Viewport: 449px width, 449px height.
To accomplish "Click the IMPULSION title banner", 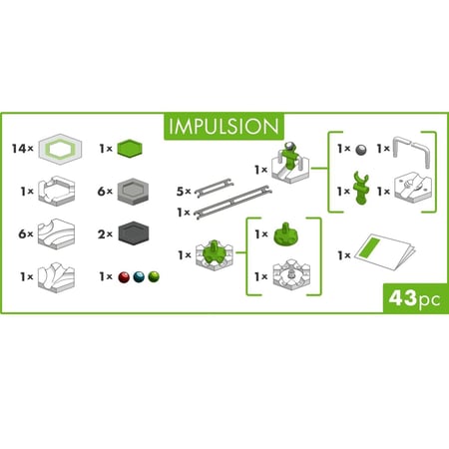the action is (x=224, y=127).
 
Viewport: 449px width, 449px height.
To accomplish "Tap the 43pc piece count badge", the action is (x=415, y=298).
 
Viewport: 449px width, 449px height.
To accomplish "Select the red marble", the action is (x=124, y=277).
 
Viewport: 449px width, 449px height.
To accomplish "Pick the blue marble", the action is (x=139, y=277).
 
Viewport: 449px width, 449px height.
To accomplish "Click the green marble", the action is (x=154, y=277).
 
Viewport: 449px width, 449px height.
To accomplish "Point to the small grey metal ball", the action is (x=361, y=150).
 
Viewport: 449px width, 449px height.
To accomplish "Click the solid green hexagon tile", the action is (x=130, y=149).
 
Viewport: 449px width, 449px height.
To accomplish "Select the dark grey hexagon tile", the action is (x=133, y=233).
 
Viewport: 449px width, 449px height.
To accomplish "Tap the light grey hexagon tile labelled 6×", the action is (x=133, y=191).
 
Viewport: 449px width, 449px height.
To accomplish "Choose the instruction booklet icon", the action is (x=385, y=252).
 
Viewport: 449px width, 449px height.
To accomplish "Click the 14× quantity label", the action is (x=23, y=149).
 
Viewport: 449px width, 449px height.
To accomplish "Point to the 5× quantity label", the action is (x=184, y=192).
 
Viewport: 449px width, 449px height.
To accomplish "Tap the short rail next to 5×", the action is (x=215, y=188).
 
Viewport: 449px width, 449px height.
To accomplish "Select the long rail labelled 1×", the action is (x=232, y=203).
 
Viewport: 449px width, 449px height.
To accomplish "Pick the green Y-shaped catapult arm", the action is (x=361, y=188).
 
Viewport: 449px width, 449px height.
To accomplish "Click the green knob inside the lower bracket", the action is (x=285, y=233).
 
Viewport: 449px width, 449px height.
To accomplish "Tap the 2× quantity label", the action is (x=105, y=234).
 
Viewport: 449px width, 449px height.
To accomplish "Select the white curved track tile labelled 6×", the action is (x=57, y=232).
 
